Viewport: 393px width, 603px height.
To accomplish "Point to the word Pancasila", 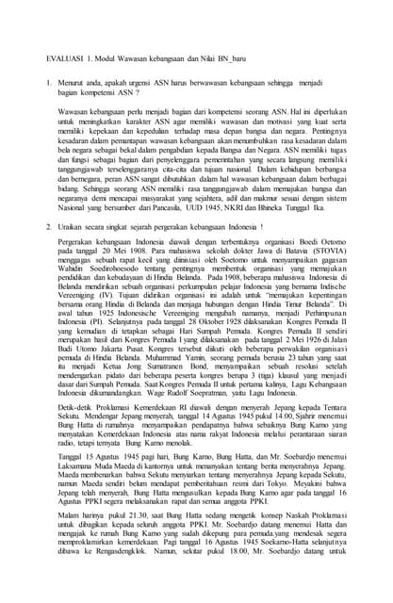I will [186, 209].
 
